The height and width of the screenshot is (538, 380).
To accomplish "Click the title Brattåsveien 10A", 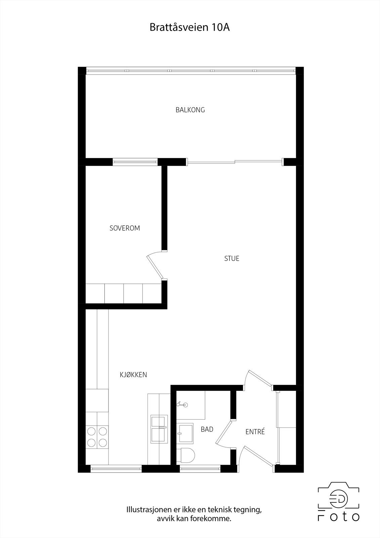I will click(x=189, y=28).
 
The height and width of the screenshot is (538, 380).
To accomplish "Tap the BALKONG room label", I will click(x=190, y=110).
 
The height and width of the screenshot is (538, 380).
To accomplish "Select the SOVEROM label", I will click(x=125, y=228).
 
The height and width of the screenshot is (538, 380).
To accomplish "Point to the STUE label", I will click(x=231, y=259).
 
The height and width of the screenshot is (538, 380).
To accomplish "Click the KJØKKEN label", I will click(x=133, y=375).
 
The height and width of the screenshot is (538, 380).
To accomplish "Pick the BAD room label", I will click(x=207, y=429).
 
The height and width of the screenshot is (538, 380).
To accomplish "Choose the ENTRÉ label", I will click(x=255, y=432).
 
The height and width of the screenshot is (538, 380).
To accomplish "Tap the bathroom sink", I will click(x=185, y=433).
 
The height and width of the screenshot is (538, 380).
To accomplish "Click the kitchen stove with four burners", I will click(x=97, y=436).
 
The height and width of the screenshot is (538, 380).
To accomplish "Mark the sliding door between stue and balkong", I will click(x=234, y=162).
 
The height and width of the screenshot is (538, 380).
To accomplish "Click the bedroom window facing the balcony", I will click(x=135, y=162).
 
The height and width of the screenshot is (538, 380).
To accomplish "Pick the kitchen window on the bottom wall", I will click(x=116, y=468).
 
